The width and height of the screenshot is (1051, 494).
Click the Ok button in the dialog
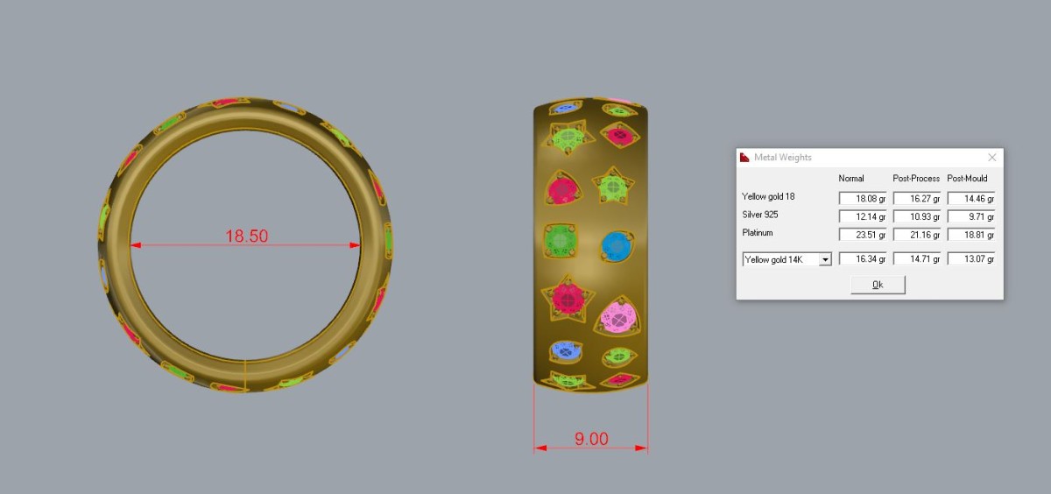pyautogui.click(x=878, y=285)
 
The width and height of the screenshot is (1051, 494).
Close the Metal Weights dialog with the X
pyautogui.click(x=991, y=157)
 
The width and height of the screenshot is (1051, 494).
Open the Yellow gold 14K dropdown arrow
pyautogui.click(x=825, y=259)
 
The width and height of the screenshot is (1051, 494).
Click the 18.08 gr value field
pyautogui.click(x=863, y=199)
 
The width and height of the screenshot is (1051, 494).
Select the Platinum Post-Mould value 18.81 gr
pyautogui.click(x=970, y=235)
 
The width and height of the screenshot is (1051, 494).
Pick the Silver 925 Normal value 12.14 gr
pyautogui.click(x=863, y=216)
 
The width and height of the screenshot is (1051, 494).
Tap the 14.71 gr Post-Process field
pyautogui.click(x=917, y=259)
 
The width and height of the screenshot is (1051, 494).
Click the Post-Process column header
pyautogui.click(x=916, y=179)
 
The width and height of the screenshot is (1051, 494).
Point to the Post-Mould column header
pyautogui.click(x=967, y=179)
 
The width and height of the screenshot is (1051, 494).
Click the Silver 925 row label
pyautogui.click(x=760, y=215)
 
